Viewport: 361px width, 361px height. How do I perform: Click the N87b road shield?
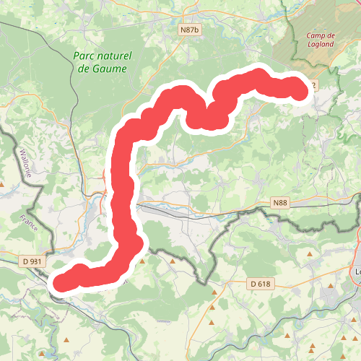pos(188,30)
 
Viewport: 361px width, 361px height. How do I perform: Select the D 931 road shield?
pos(33,261)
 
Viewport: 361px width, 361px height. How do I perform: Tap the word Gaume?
pos(110,69)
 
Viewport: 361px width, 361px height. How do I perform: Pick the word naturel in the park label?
pos(116,56)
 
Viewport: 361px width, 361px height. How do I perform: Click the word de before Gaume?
pos(84,69)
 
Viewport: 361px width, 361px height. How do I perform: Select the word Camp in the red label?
pos(315,36)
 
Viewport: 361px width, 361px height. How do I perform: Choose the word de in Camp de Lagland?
pos(332,36)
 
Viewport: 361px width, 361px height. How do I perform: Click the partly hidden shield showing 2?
pos(312,85)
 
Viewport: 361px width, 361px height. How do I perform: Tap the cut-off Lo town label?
pos(357,272)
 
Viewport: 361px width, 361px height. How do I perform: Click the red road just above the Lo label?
pos(359,245)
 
